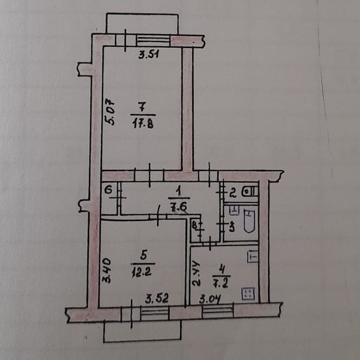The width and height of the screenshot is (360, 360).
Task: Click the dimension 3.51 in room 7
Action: [149, 55]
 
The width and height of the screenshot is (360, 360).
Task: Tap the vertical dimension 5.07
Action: [110, 112]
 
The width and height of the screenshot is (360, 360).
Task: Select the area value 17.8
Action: [143, 124]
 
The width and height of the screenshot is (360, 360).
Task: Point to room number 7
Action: [142, 107]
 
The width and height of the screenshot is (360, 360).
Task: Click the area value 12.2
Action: [141, 273]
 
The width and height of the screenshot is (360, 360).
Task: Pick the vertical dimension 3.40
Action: [106, 271]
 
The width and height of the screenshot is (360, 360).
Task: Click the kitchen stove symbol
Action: [248, 294]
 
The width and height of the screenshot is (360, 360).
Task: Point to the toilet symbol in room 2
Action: [250, 191]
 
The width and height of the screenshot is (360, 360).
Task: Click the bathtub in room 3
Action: [249, 221]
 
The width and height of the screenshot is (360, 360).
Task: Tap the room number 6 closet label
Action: [109, 190]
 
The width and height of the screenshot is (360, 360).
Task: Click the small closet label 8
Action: [194, 225]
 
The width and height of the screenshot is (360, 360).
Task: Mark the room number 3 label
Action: [231, 227]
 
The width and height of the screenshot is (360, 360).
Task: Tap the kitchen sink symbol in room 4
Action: [253, 257]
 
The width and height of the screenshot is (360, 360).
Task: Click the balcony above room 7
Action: [142, 24]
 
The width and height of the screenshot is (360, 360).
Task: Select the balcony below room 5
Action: [142, 331]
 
